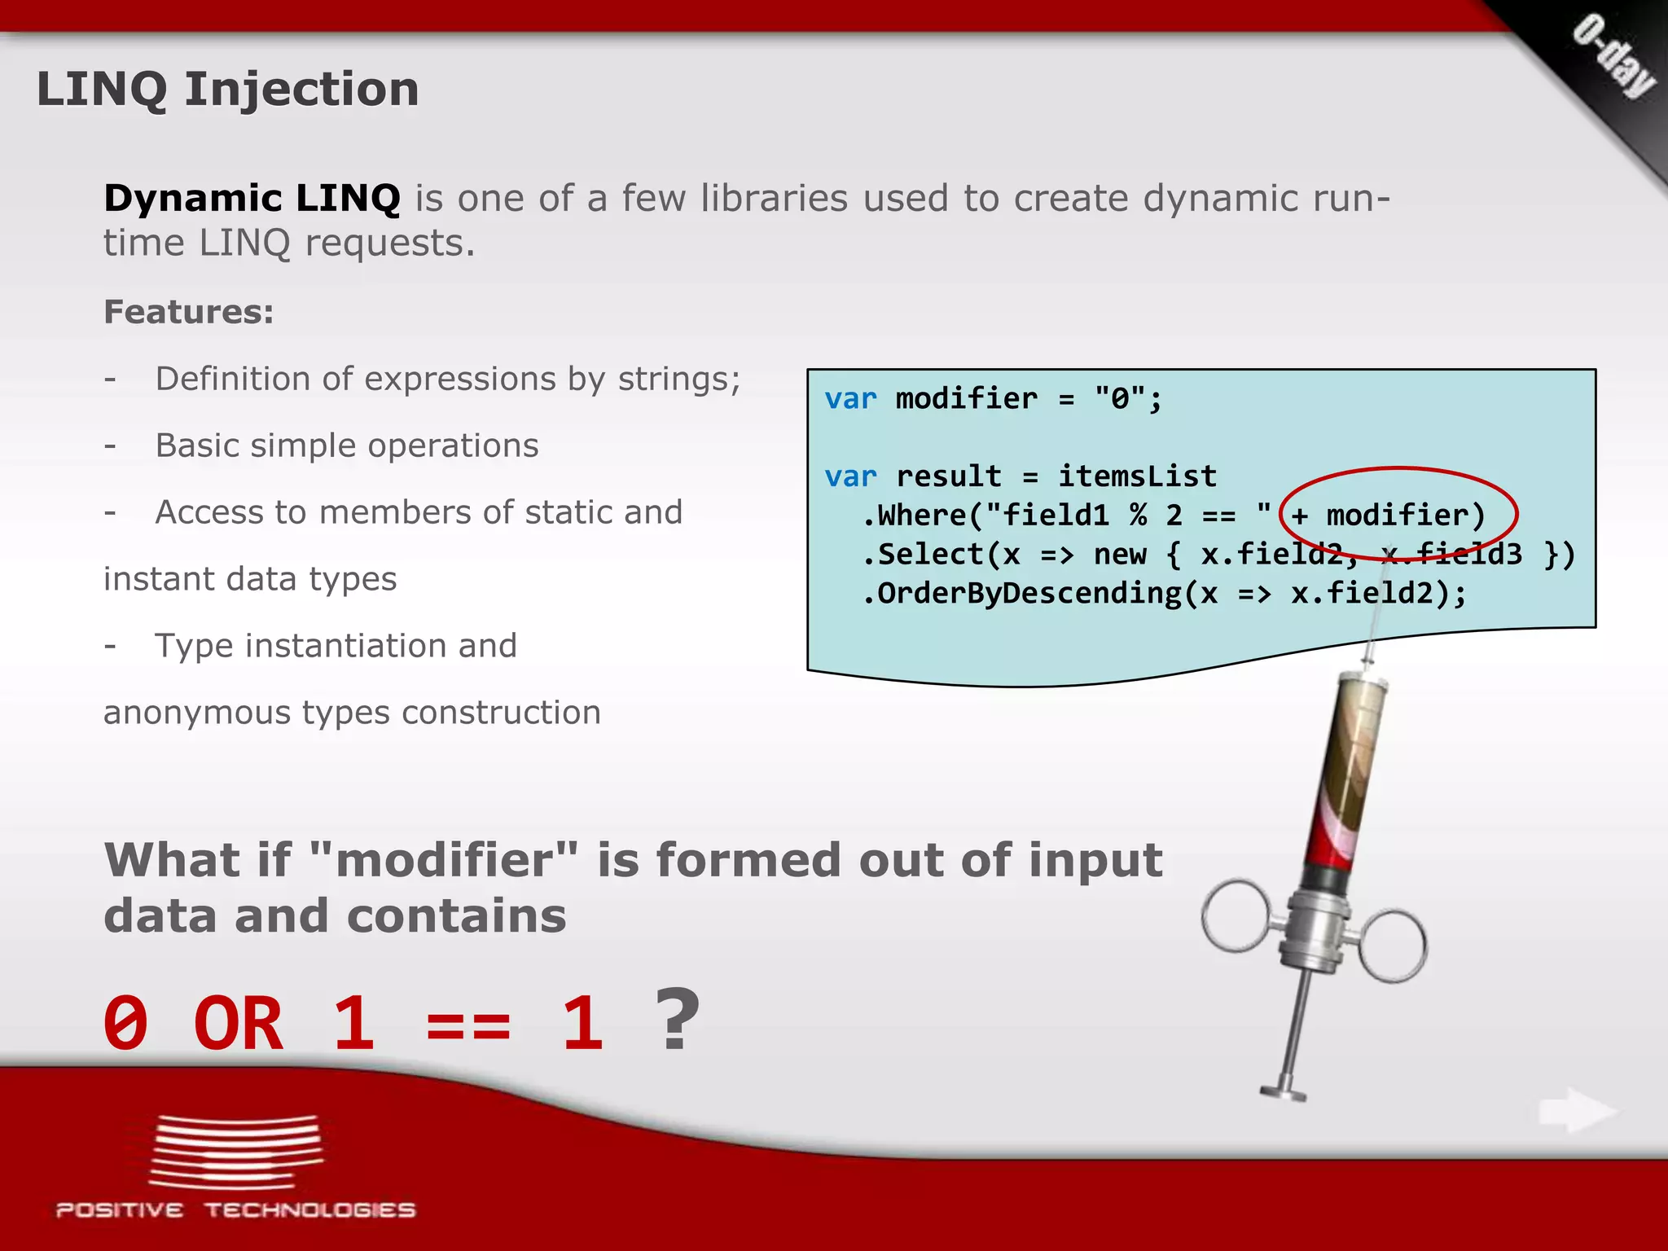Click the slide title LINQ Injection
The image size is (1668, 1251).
[227, 89]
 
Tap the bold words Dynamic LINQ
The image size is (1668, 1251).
[252, 198]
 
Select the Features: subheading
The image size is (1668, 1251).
[188, 312]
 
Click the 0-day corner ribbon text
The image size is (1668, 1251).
[1613, 56]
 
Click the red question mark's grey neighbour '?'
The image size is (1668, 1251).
[677, 1020]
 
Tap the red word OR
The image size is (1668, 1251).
[238, 1024]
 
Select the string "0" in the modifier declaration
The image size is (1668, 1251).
[1120, 399]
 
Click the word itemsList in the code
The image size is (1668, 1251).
[1137, 476]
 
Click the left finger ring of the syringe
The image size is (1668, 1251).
[1235, 915]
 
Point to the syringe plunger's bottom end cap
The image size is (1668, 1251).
[1284, 1091]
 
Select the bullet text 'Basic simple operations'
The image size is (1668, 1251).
[347, 446]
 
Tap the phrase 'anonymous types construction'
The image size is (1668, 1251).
[352, 713]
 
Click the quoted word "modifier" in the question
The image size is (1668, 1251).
[444, 861]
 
